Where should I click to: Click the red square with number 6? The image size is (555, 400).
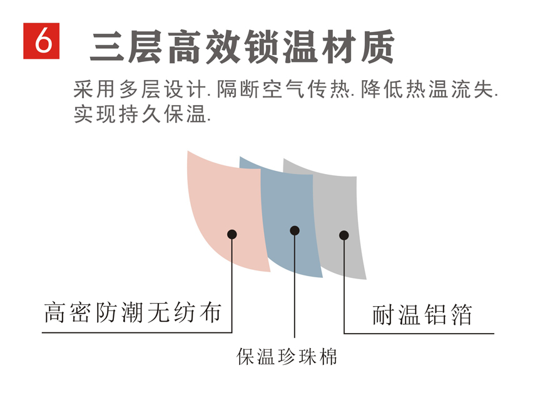click(41, 41)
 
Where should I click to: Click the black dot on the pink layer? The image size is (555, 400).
click(232, 235)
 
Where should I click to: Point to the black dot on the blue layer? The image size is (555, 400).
click(295, 230)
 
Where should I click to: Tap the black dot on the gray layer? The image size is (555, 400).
click(344, 235)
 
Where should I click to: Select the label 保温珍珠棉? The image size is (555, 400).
click(287, 357)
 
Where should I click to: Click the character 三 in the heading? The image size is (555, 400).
click(108, 46)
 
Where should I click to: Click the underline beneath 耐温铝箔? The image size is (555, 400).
click(425, 332)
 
